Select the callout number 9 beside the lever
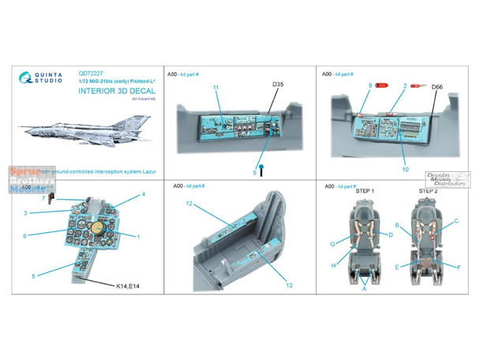click(255, 171)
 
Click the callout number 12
click(190, 202)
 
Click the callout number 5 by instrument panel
click(34, 275)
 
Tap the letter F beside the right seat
click(459, 267)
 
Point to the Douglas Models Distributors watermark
click(452, 179)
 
